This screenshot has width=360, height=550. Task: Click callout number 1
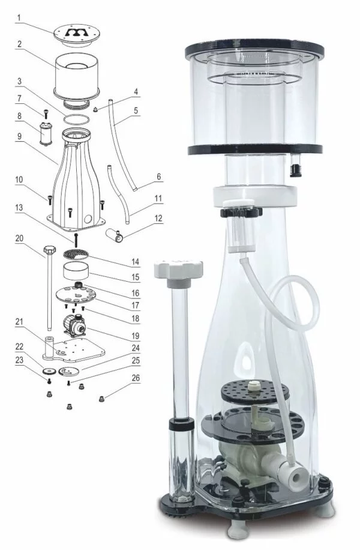click(19, 17)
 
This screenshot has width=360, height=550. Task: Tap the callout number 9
click(19, 136)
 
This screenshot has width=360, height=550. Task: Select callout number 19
click(136, 336)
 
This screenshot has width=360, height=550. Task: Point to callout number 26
click(136, 378)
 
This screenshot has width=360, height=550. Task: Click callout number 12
click(158, 218)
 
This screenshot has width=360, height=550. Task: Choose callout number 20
click(19, 238)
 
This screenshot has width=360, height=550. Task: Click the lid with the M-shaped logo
click(75, 35)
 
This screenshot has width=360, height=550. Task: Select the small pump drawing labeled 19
click(74, 326)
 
